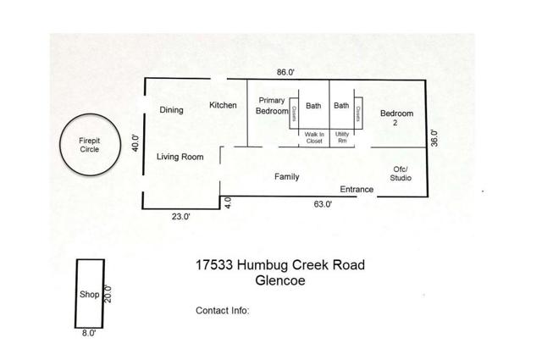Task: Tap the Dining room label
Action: [172, 109]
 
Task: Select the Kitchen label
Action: [223, 105]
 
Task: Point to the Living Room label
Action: [180, 157]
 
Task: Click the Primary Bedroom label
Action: [272, 106]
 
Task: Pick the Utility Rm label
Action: [342, 138]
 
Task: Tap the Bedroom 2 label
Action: [396, 118]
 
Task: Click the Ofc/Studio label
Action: [401, 173]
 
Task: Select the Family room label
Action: [287, 177]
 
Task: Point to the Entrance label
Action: [357, 190]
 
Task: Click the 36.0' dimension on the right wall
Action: [434, 138]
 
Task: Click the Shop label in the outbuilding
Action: [90, 295]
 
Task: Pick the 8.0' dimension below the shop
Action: [89, 334]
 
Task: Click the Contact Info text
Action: [222, 310]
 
